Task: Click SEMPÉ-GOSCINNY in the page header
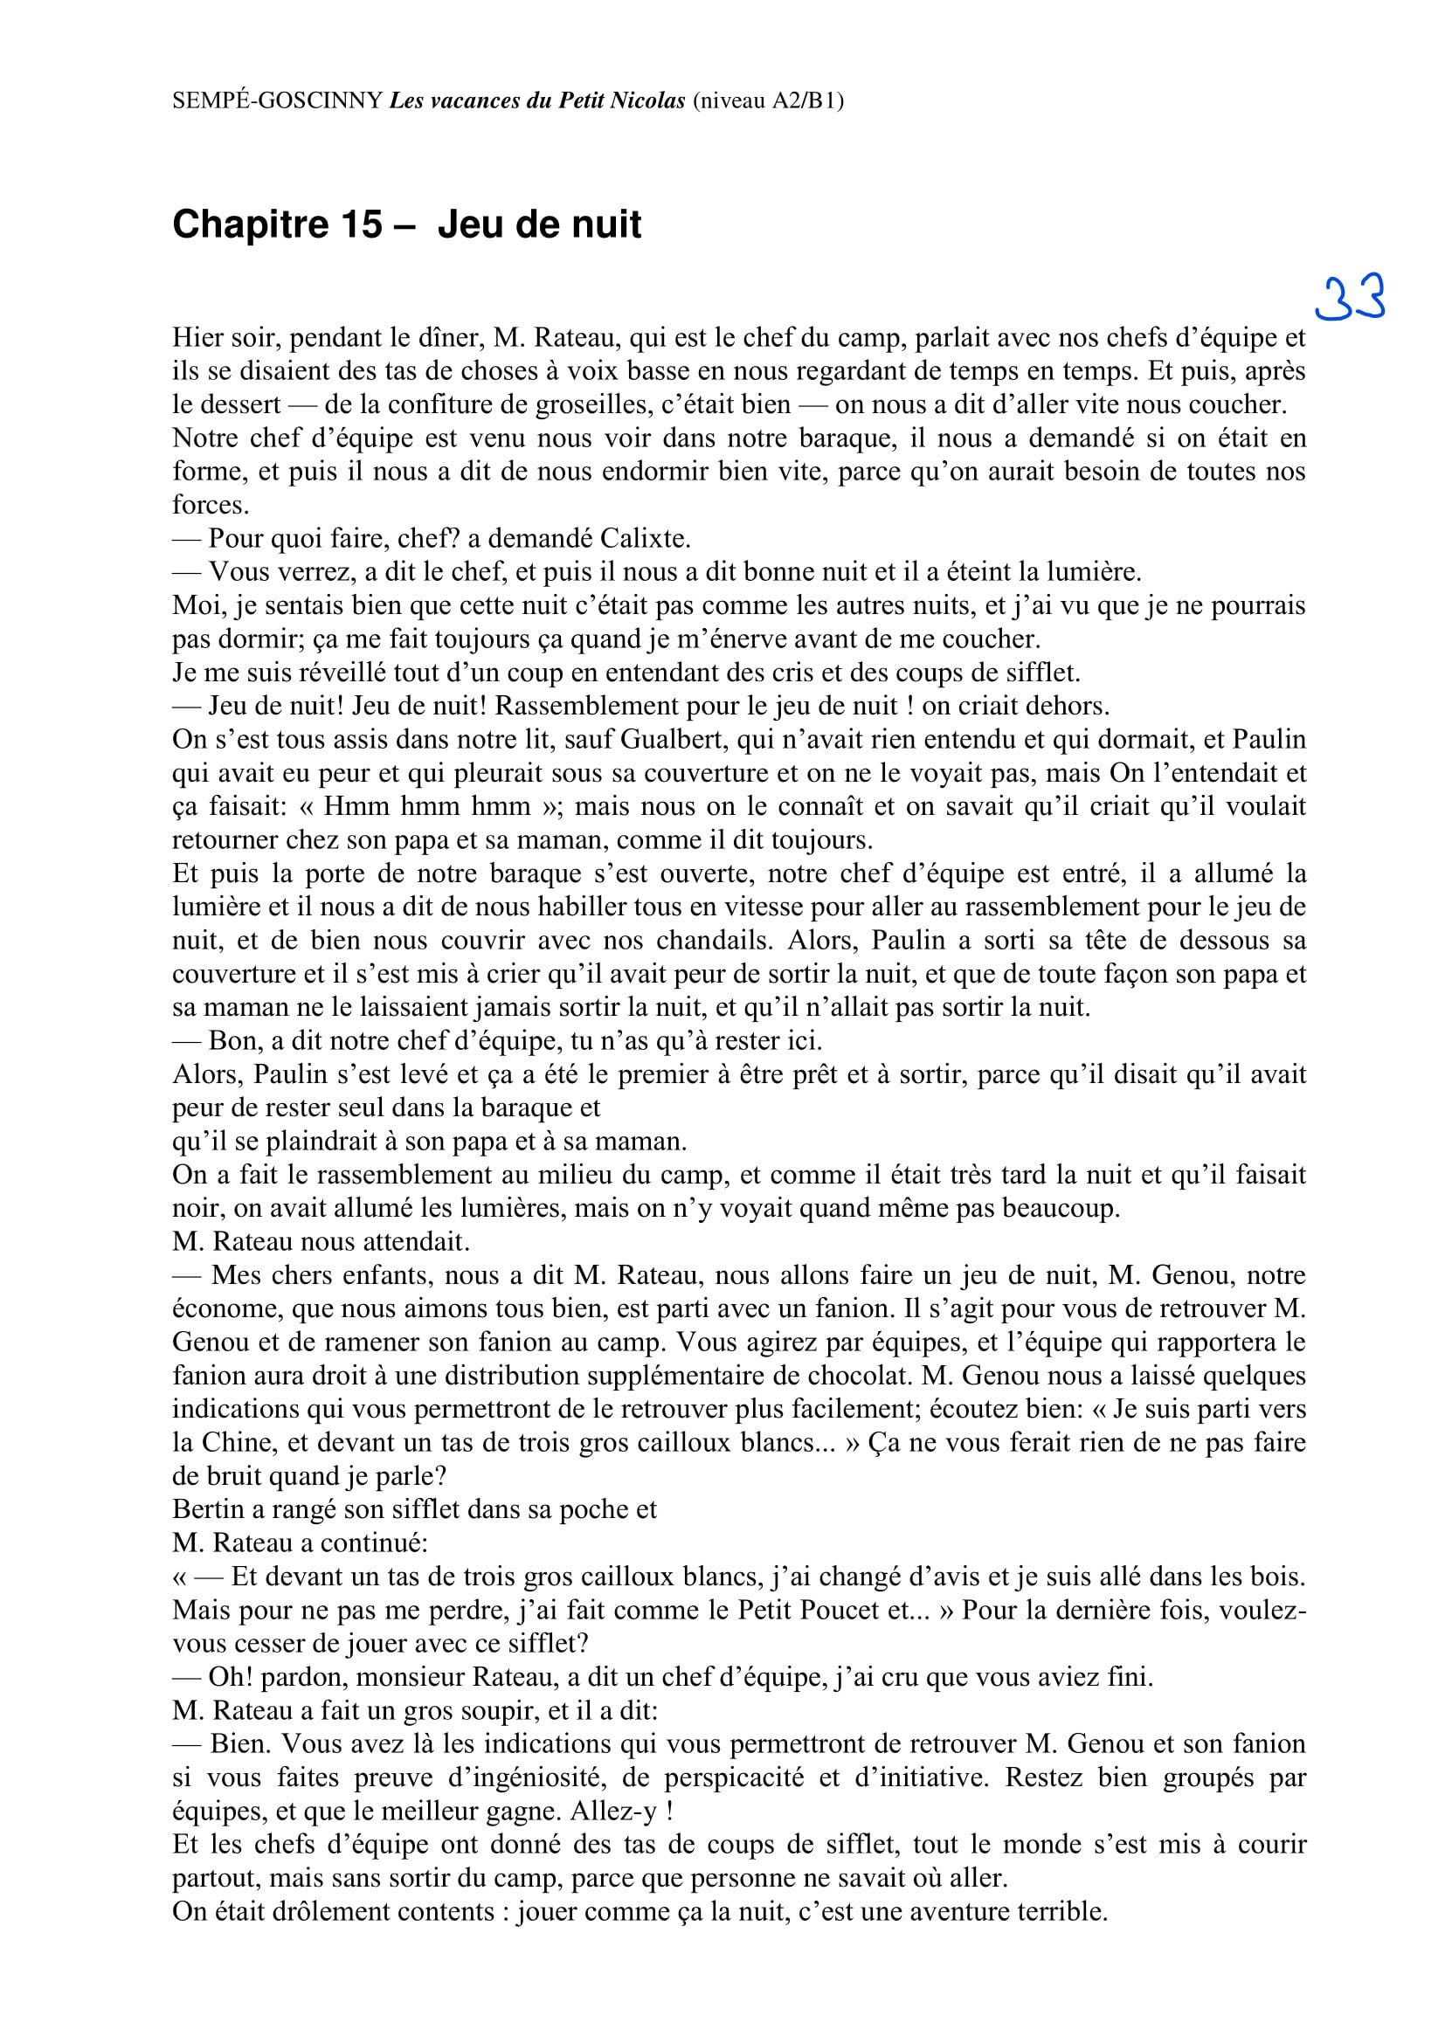click(x=278, y=100)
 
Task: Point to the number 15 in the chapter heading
click(x=360, y=224)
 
